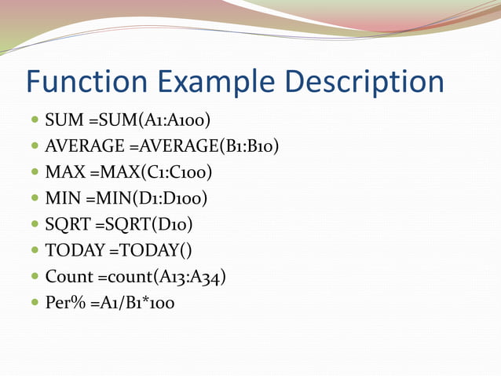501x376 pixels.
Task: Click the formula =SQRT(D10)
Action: click(144, 224)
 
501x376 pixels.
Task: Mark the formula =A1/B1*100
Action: click(130, 302)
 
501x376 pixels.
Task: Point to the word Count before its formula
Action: click(69, 276)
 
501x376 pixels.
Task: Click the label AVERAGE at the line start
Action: click(85, 146)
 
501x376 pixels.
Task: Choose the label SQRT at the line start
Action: click(68, 224)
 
